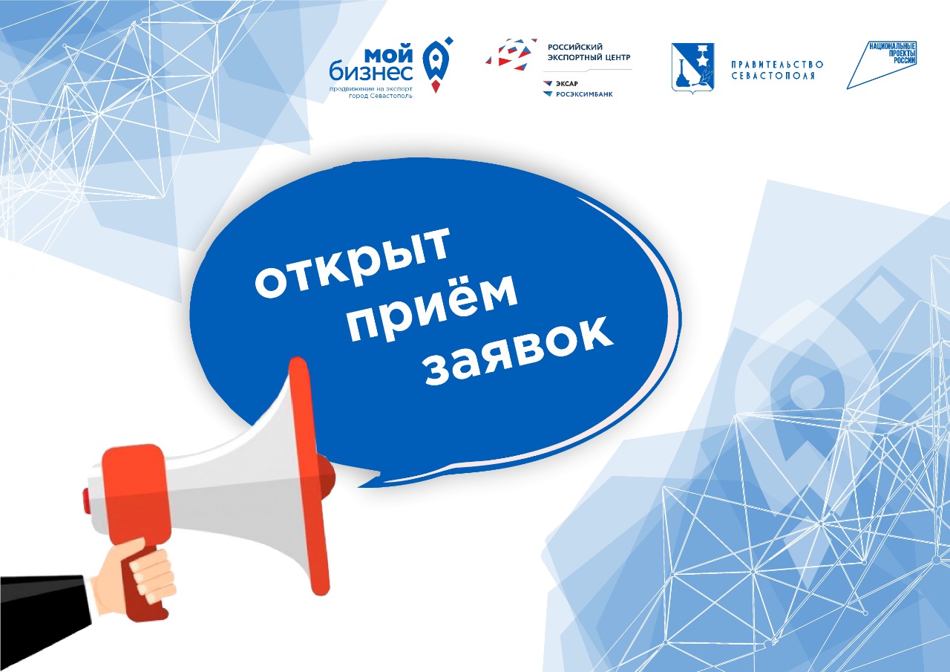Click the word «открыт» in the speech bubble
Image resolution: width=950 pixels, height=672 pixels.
(352, 262)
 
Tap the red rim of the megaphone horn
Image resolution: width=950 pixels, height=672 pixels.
(309, 476)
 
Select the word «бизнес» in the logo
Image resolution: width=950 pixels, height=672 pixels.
(371, 71)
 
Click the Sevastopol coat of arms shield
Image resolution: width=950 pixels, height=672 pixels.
(692, 68)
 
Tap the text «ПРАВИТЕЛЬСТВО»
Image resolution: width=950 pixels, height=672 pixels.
(777, 65)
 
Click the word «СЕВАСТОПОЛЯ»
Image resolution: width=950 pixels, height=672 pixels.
(773, 76)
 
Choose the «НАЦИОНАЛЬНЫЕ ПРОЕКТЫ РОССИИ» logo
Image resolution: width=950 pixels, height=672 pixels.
(882, 65)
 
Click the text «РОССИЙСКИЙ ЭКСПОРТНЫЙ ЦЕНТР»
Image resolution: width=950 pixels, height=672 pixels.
(589, 52)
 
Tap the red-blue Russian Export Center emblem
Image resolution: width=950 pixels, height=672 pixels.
(511, 54)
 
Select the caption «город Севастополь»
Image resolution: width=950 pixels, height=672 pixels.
(381, 96)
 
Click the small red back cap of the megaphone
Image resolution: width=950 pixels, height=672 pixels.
(86, 501)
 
